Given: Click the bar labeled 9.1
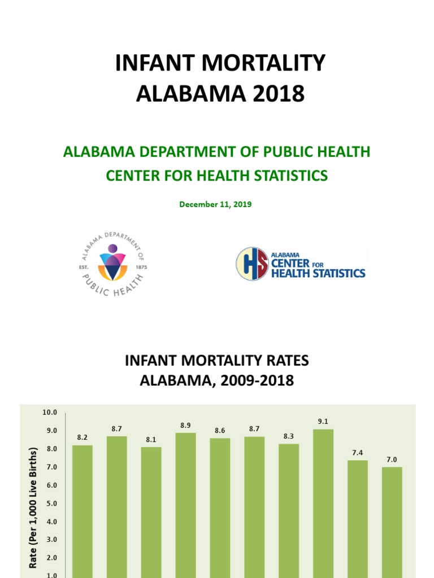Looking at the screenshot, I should pos(323,502).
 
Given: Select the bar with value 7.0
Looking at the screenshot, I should pos(392,519).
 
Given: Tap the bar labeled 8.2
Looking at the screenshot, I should pos(83,508).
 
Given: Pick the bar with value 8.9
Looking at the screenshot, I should pos(185,502).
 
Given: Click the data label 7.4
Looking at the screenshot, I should pos(358,453).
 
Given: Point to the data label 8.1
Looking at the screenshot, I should pos(151,440).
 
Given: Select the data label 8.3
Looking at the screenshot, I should pos(289,436).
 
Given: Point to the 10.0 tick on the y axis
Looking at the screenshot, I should pos(50,413).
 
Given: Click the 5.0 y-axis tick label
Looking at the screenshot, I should pos(51,503).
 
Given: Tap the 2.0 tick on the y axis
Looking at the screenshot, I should pos(51,558).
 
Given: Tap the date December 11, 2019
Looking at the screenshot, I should pos(215,204).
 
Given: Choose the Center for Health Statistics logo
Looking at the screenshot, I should pos(301,264).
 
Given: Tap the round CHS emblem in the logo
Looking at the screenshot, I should pos(252,264).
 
